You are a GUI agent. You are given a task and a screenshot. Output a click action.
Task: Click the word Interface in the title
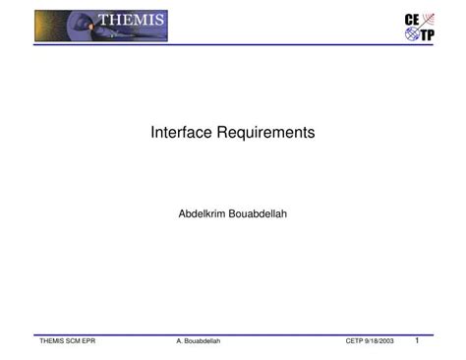181,132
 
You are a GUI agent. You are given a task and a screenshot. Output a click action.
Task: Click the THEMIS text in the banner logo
131,21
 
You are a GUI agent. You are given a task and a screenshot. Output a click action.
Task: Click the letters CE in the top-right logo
412,20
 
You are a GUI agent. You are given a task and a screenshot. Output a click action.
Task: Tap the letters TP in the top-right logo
427,35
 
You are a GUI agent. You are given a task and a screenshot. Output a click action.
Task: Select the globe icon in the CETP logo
412,35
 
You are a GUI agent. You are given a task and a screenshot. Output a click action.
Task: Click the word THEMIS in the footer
51,341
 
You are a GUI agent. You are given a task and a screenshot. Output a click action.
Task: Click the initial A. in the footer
180,341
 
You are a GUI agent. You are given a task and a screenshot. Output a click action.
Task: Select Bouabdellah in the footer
203,341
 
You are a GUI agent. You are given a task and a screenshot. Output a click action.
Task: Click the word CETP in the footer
356,341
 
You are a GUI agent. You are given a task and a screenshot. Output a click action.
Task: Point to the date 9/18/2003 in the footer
380,341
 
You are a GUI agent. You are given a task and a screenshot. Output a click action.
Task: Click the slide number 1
417,340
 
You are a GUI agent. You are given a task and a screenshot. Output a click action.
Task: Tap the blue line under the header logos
233,46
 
